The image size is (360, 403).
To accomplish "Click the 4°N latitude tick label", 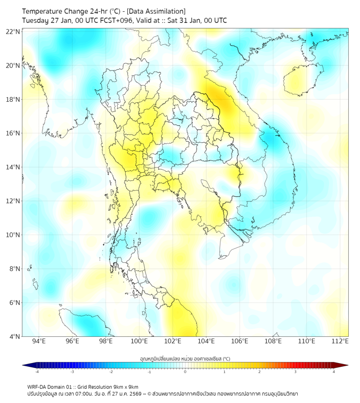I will click(15, 336).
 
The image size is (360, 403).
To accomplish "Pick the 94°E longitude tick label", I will click(39, 341).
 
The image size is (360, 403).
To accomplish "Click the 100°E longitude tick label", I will click(140, 341).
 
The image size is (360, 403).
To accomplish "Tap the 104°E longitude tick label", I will click(206, 341).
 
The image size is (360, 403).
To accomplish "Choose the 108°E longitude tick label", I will click(273, 341).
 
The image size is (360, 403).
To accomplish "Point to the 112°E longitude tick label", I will click(340, 341).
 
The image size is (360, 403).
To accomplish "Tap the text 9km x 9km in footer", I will click(126, 386).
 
